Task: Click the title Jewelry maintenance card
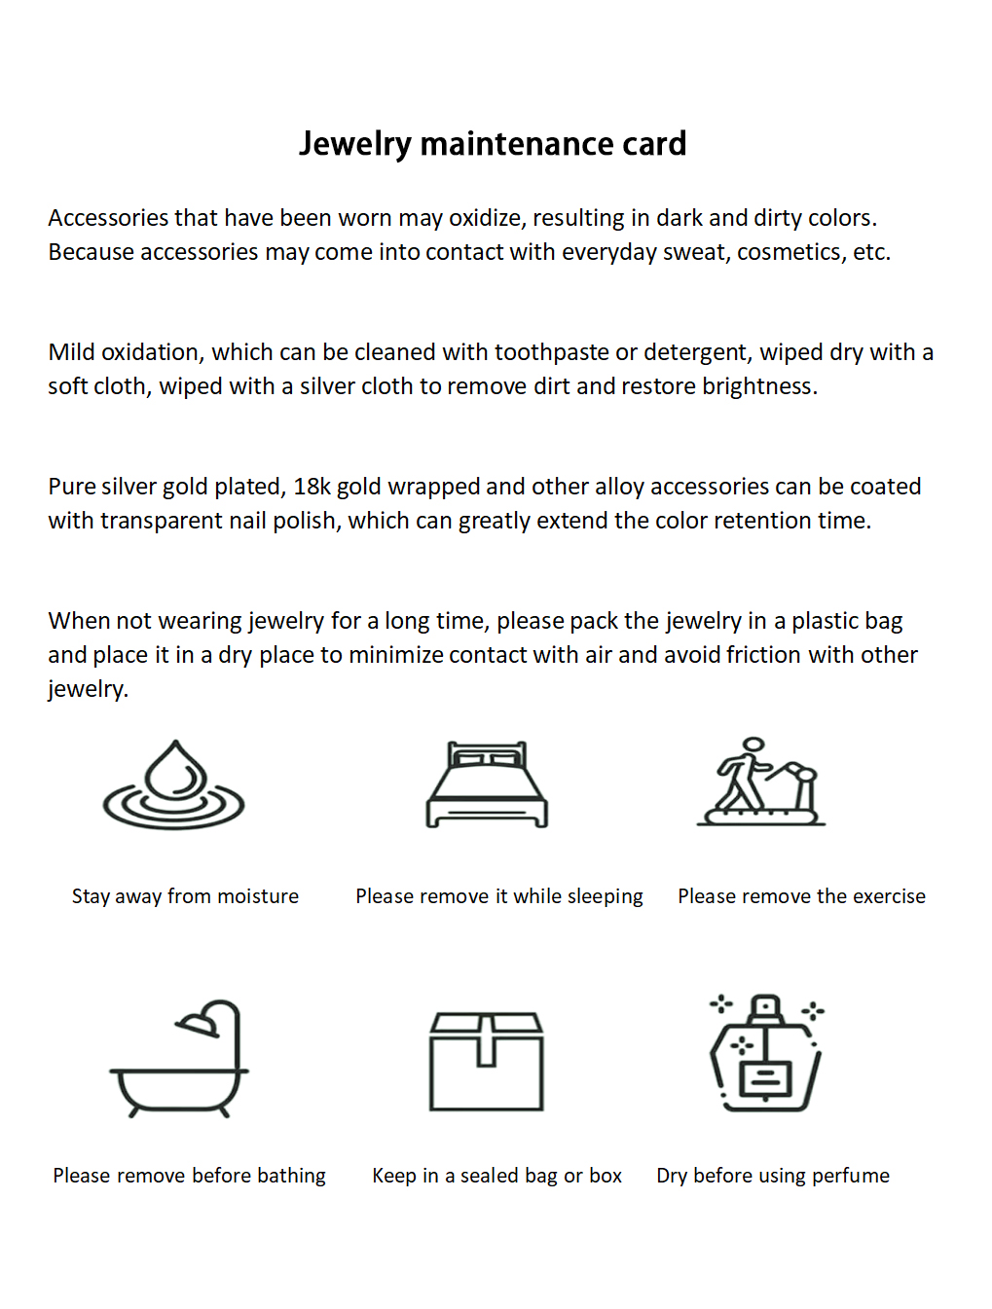click(493, 144)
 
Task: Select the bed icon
click(487, 784)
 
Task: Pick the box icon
click(487, 1061)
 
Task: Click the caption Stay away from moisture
click(185, 896)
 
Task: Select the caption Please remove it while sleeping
click(499, 896)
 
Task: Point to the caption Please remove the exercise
click(801, 896)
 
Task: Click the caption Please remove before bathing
click(189, 1176)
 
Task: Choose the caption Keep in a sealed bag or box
click(496, 1176)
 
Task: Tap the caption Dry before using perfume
click(773, 1176)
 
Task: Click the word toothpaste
click(551, 352)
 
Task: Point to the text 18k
click(312, 487)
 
